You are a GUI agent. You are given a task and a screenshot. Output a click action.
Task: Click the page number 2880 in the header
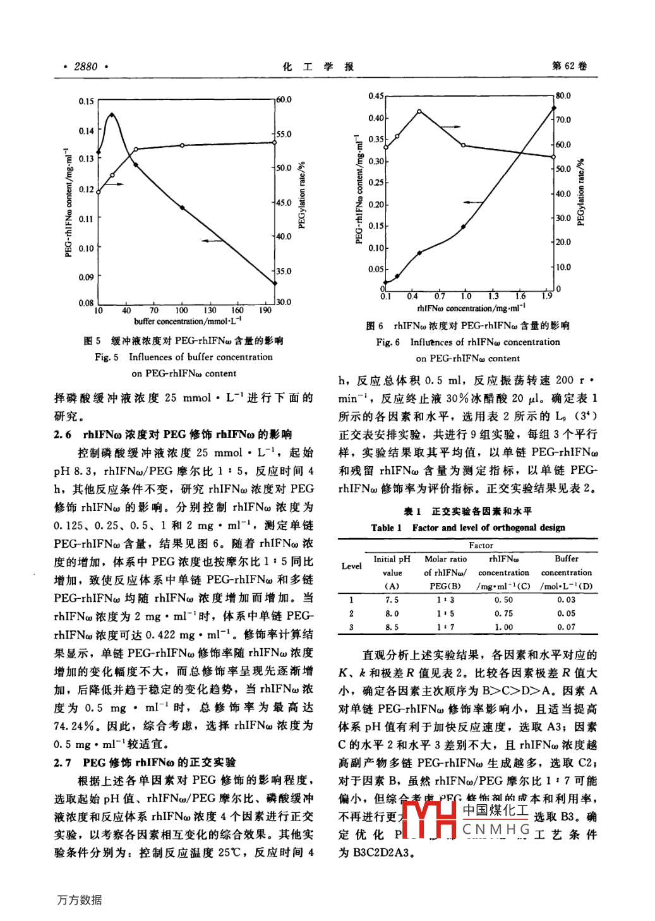tap(85, 66)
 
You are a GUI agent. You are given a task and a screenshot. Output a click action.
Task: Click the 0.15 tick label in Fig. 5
tap(86, 101)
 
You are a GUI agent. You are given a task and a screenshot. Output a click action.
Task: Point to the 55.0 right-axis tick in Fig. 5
tap(284, 134)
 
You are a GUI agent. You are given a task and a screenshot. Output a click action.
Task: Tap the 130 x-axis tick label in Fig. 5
tap(210, 310)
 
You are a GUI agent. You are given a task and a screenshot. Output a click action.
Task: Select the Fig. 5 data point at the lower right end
tap(275, 283)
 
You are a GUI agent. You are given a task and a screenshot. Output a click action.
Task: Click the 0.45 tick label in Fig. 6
tap(376, 96)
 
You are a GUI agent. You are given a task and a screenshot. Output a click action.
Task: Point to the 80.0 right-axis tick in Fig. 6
tap(563, 96)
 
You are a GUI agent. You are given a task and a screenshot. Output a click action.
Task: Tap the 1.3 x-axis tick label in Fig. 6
tap(493, 296)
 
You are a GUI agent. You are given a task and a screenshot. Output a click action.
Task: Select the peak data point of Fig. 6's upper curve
tap(419, 111)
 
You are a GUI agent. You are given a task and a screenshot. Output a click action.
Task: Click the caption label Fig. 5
tap(107, 357)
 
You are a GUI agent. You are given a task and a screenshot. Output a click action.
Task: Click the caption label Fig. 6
tap(388, 342)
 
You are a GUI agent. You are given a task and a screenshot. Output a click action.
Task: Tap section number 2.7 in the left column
tap(63, 762)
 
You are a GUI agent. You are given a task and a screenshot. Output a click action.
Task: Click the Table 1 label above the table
tap(386, 527)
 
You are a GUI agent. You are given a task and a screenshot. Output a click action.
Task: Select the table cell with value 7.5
tap(392, 599)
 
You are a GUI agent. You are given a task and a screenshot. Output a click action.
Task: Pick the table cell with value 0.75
tap(503, 613)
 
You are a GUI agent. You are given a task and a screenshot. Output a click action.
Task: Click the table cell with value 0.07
tap(566, 627)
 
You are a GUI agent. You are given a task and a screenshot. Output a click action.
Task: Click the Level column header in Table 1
tap(351, 566)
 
